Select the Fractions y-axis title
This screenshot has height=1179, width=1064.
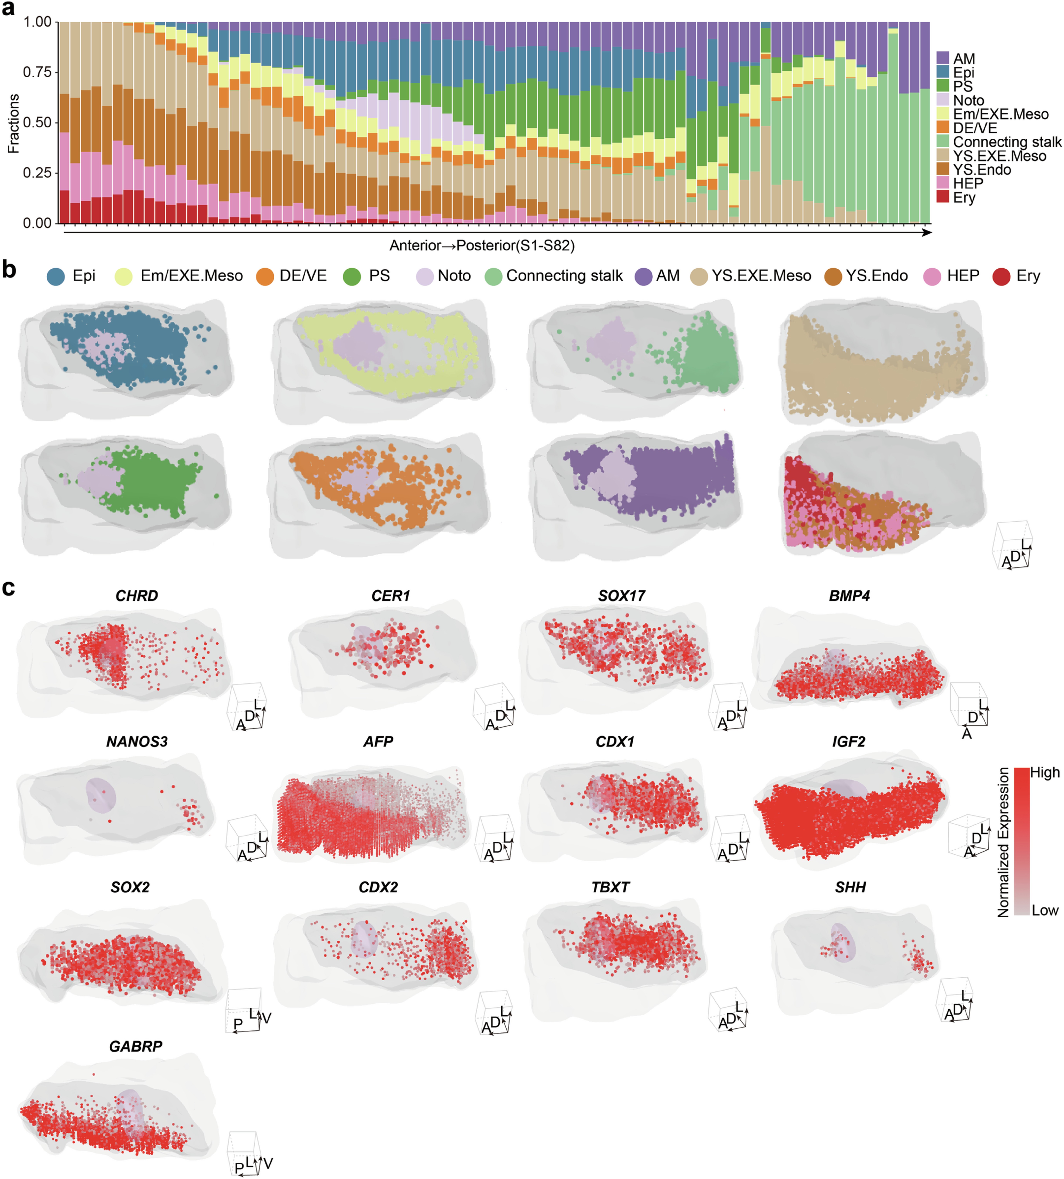[13, 123]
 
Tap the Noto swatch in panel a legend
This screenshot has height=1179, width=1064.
[942, 100]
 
